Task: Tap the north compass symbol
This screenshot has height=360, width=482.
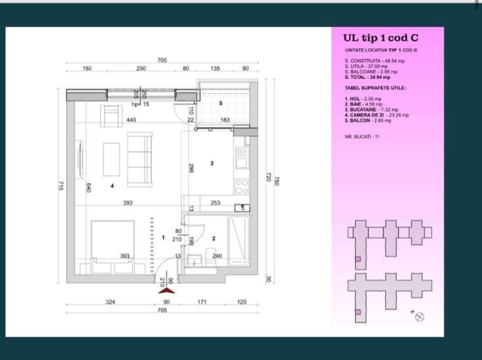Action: (x=420, y=316)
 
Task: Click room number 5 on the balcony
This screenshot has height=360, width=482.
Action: (x=221, y=103)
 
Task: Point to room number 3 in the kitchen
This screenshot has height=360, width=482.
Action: (x=211, y=163)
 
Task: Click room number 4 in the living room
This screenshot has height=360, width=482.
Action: (x=112, y=186)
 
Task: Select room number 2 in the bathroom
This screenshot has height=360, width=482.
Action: (x=214, y=238)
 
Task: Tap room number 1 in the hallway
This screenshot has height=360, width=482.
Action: (x=164, y=238)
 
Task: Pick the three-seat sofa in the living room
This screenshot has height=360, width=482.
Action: (x=139, y=159)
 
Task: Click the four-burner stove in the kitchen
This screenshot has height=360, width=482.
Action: (x=241, y=187)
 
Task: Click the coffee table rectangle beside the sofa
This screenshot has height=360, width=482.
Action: (x=112, y=159)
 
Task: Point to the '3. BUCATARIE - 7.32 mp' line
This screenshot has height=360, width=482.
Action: (x=371, y=110)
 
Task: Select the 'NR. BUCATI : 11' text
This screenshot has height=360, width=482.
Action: (x=361, y=136)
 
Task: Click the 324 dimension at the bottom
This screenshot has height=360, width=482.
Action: (x=110, y=302)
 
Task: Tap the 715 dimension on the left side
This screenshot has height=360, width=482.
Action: (x=61, y=185)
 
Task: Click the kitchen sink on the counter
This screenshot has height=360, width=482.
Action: (x=241, y=156)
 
